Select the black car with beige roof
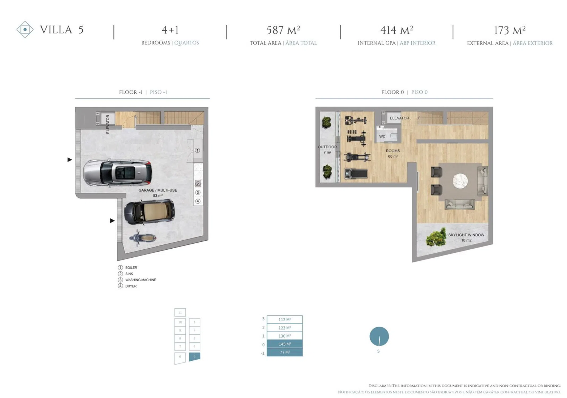click(x=149, y=212)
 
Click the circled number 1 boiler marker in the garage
click(x=197, y=150)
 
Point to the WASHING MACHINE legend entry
click(x=137, y=280)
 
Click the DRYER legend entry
click(x=127, y=286)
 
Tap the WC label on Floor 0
click(x=382, y=136)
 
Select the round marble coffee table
click(x=460, y=181)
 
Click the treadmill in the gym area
click(x=356, y=174)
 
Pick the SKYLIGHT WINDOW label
click(x=466, y=235)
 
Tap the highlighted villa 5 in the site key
click(x=194, y=357)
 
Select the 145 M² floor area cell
click(x=285, y=344)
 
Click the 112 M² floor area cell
click(x=285, y=320)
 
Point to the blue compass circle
click(x=379, y=336)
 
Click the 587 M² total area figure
click(x=283, y=30)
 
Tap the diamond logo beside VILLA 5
click(x=25, y=29)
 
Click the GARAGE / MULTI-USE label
click(x=158, y=190)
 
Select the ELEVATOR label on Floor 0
click(x=399, y=118)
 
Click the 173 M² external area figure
click(x=510, y=30)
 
